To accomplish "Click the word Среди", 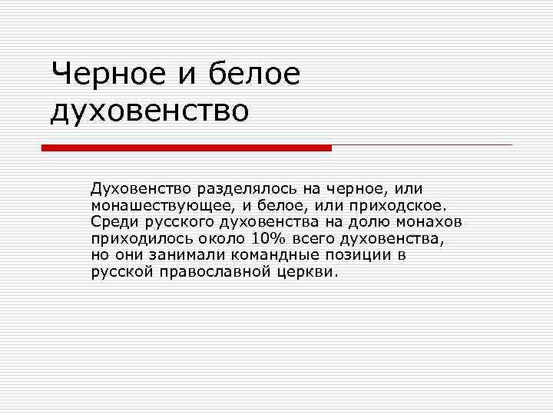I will [x=112, y=223].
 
